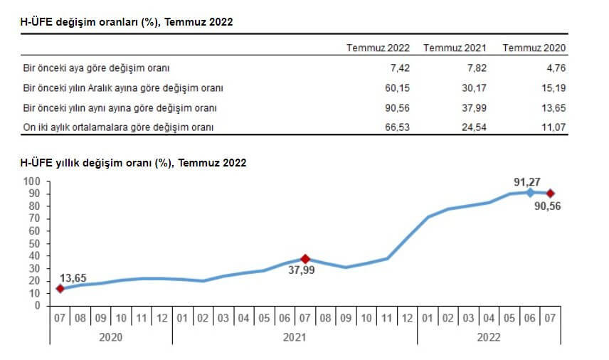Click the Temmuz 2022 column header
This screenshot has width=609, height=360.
(378, 48)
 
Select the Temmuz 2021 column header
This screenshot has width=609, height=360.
(455, 48)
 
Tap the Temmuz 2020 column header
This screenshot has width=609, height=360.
(534, 48)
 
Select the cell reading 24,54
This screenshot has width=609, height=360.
(473, 127)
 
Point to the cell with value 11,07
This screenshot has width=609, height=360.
(553, 127)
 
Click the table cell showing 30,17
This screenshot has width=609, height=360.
(473, 89)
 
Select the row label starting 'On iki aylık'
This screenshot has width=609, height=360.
(118, 127)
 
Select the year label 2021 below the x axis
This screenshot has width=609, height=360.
(295, 337)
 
